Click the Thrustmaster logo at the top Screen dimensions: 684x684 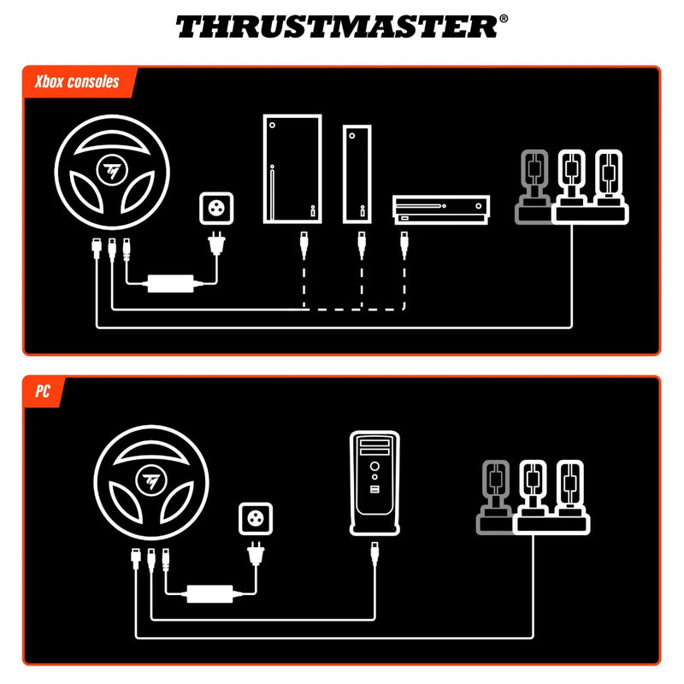point(335,27)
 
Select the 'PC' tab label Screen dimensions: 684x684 point(42,392)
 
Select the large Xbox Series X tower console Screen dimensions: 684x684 point(292,169)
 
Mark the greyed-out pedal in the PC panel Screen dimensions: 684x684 point(494,495)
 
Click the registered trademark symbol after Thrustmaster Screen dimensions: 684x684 point(503,18)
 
